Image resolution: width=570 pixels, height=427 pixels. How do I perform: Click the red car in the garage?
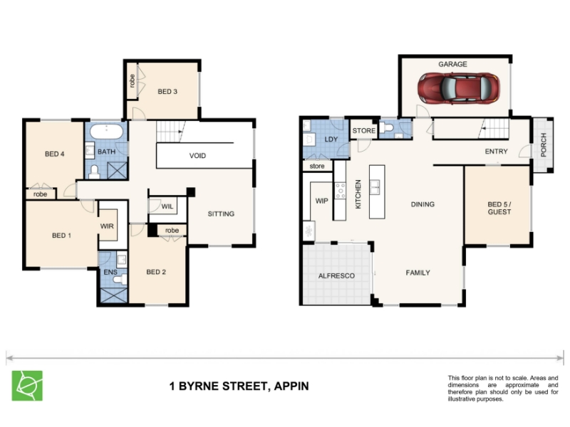click(x=458, y=88)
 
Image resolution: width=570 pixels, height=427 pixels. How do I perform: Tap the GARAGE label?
click(x=452, y=64)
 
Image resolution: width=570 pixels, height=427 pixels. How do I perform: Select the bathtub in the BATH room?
click(x=106, y=132)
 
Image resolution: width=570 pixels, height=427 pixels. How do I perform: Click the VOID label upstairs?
click(x=197, y=156)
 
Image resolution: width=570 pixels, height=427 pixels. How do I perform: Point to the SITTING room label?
click(x=221, y=214)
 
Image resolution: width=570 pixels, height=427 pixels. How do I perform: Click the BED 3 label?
click(x=167, y=92)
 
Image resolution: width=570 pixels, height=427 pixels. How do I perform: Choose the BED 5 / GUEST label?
click(x=499, y=208)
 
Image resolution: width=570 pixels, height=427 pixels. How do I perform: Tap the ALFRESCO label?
click(x=336, y=276)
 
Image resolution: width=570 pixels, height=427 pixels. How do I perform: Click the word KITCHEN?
click(x=358, y=194)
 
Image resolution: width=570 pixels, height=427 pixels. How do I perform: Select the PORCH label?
click(x=544, y=145)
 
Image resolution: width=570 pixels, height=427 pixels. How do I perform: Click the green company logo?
click(x=27, y=386)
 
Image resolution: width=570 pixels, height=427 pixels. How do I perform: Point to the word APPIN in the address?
click(x=291, y=386)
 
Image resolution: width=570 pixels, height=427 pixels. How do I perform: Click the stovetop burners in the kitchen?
click(x=341, y=191)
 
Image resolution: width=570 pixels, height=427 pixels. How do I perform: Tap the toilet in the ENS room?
click(x=120, y=279)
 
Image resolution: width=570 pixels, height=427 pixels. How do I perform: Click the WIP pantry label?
click(x=322, y=201)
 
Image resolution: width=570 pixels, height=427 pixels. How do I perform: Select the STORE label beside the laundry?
click(x=364, y=131)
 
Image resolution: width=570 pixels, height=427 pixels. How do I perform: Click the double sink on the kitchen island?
click(x=375, y=187)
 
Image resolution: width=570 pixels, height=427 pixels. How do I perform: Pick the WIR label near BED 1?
click(x=107, y=226)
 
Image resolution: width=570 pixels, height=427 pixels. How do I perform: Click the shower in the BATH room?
click(x=117, y=171)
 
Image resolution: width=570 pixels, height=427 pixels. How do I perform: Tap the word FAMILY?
click(x=418, y=273)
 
